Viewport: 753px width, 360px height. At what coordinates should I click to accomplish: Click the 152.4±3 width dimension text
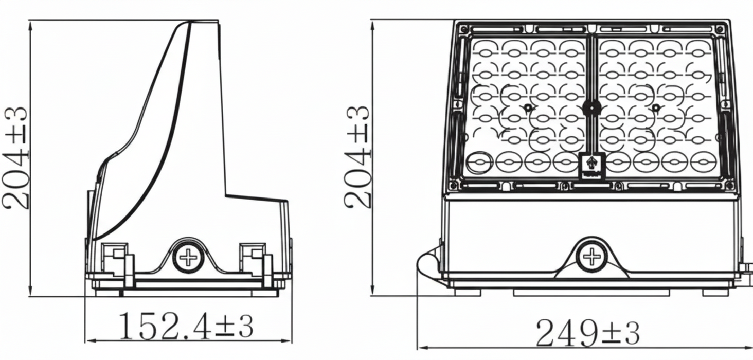pyautogui.click(x=186, y=326)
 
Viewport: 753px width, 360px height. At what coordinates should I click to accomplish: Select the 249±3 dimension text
pyautogui.click(x=587, y=333)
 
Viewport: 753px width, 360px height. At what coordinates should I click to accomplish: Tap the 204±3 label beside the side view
pyautogui.click(x=15, y=158)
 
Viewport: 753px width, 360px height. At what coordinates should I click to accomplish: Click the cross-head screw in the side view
pyautogui.click(x=188, y=258)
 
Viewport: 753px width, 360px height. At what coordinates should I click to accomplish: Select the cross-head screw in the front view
pyautogui.click(x=591, y=257)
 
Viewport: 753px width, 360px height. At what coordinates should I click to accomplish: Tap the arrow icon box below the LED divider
pyautogui.click(x=591, y=166)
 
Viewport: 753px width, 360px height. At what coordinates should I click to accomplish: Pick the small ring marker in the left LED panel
pyautogui.click(x=528, y=108)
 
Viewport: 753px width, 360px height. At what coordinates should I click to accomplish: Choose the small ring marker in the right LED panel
pyautogui.click(x=656, y=108)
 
